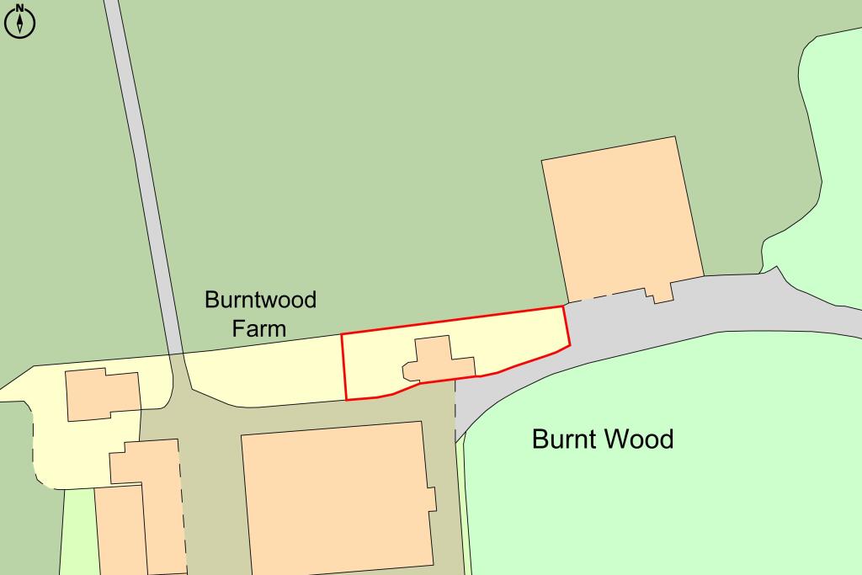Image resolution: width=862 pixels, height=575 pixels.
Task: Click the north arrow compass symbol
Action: tap(20, 22)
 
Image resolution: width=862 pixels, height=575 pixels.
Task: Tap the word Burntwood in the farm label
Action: tap(261, 300)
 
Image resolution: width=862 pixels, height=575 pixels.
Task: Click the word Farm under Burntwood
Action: tap(259, 327)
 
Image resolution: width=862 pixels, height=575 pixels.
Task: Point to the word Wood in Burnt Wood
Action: tap(641, 439)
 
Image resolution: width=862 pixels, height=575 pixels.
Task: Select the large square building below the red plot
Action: tap(337, 497)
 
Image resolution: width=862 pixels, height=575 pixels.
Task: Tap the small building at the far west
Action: tap(103, 394)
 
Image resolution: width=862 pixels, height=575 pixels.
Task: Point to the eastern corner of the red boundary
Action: tap(569, 343)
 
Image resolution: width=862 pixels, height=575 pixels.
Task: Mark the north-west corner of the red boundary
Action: tap(342, 335)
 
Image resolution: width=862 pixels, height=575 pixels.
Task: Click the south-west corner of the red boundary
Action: tap(347, 399)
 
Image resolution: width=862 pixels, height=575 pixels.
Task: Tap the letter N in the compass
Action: tap(20, 8)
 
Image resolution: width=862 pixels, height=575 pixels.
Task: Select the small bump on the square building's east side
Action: tap(433, 498)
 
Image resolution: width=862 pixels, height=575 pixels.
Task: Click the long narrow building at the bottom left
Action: tap(121, 530)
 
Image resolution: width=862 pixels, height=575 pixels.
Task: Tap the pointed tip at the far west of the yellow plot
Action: tap(3, 391)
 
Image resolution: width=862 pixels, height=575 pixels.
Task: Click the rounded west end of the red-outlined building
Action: tap(407, 370)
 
